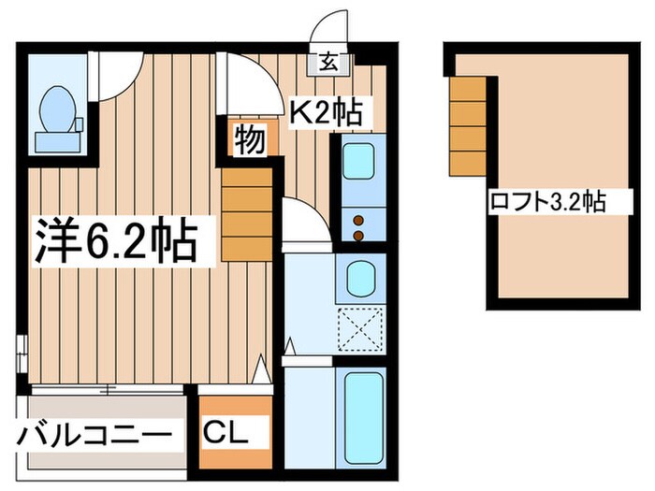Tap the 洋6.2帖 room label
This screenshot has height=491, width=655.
[117, 241]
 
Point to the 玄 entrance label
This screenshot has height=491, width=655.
[330, 65]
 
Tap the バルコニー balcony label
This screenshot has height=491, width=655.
[95, 436]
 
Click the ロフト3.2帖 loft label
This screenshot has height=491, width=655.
[546, 201]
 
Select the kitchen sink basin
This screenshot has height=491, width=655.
[359, 162]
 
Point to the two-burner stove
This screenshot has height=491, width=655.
[359, 224]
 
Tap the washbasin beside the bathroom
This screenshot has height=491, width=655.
[360, 278]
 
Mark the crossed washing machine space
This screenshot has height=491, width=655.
[360, 327]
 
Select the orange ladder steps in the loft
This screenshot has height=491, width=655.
[468, 125]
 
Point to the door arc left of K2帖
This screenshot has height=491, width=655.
[248, 84]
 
